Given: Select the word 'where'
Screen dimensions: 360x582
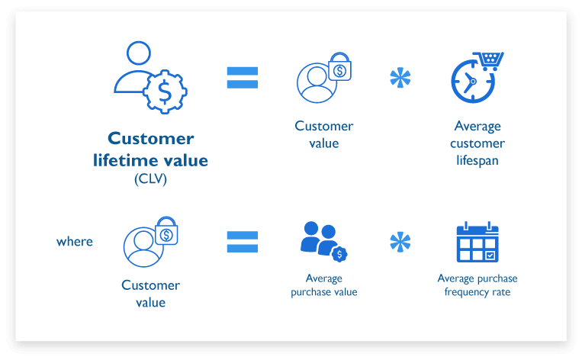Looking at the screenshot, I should [x=75, y=241].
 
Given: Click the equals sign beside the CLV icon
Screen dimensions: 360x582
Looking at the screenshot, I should [x=243, y=77].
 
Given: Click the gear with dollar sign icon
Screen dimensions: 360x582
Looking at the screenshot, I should [x=164, y=93].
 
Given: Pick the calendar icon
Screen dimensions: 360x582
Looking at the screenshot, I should [x=477, y=244].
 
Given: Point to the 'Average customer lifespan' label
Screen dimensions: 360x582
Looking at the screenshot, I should [x=477, y=143].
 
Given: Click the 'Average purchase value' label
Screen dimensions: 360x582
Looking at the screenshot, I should [x=324, y=285].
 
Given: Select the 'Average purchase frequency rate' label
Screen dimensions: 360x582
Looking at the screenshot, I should [x=477, y=285].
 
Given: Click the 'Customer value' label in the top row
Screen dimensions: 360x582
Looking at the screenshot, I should [x=324, y=134].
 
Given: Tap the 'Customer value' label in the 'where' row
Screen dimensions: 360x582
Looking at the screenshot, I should [x=150, y=294].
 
